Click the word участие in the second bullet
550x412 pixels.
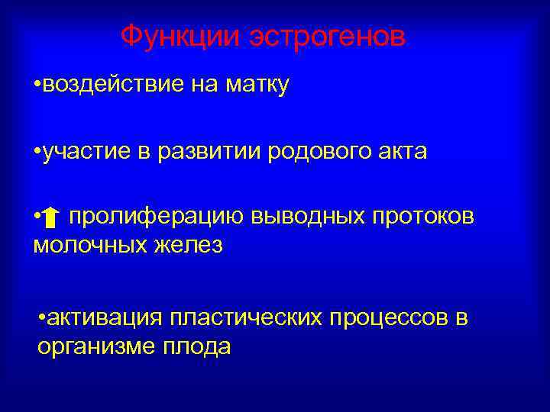(88, 152)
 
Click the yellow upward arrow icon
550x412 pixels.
(51, 220)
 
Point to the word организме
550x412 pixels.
(95, 346)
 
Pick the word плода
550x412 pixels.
(196, 346)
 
